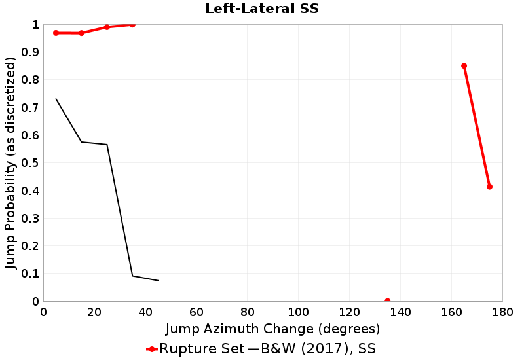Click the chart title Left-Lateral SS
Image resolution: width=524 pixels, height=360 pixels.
[x=261, y=9]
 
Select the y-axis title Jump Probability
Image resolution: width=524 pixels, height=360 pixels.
[x=11, y=163]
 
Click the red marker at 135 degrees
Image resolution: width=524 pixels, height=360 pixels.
[x=387, y=301]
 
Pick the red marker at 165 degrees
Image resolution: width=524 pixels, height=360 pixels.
[x=464, y=65]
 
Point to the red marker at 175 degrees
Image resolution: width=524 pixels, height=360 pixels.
[x=489, y=187]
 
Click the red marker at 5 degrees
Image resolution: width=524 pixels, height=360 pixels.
[x=56, y=33]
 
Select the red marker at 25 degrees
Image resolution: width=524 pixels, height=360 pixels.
[x=107, y=27]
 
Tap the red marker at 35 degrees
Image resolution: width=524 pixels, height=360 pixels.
[x=132, y=25]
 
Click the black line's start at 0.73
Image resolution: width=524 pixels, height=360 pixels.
[x=56, y=99]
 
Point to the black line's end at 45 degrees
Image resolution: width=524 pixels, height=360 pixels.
[x=158, y=281]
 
